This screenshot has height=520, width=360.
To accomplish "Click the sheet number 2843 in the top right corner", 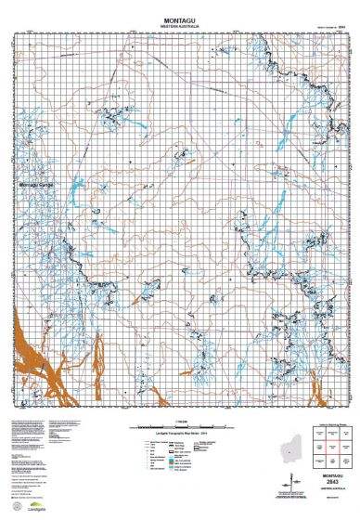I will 341,27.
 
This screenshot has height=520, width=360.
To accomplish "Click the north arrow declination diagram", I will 299,483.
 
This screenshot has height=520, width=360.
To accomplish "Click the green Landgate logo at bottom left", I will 39,509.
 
